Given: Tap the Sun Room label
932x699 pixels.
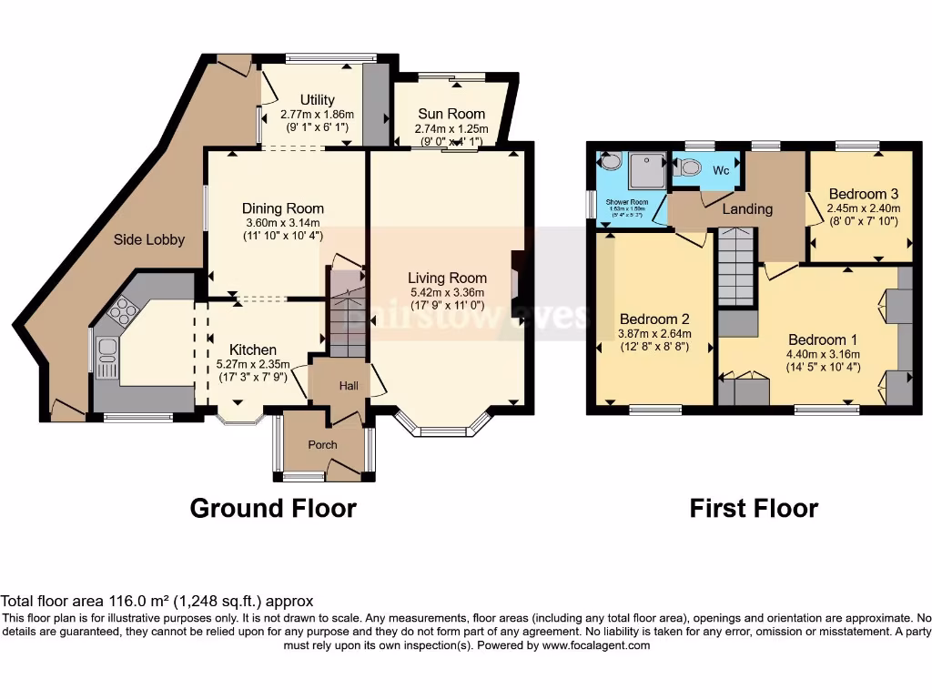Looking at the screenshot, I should click(451, 114).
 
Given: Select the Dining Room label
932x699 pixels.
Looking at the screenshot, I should click(283, 208).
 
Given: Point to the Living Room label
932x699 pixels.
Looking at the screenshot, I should click(447, 278).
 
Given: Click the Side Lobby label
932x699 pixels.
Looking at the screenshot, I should click(149, 239).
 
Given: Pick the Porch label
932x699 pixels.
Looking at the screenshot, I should click(322, 445).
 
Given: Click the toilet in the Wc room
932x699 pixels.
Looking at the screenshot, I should click(689, 167).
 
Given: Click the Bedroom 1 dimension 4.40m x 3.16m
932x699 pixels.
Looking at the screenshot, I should click(824, 354).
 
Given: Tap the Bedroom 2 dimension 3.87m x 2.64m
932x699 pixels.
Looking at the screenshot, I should click(653, 334).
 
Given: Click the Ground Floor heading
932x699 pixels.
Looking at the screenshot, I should click(273, 508).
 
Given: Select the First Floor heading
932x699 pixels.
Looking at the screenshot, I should click(754, 508).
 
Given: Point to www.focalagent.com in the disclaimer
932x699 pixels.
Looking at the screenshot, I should click(596, 645).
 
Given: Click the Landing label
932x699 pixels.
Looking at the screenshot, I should click(747, 208).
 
